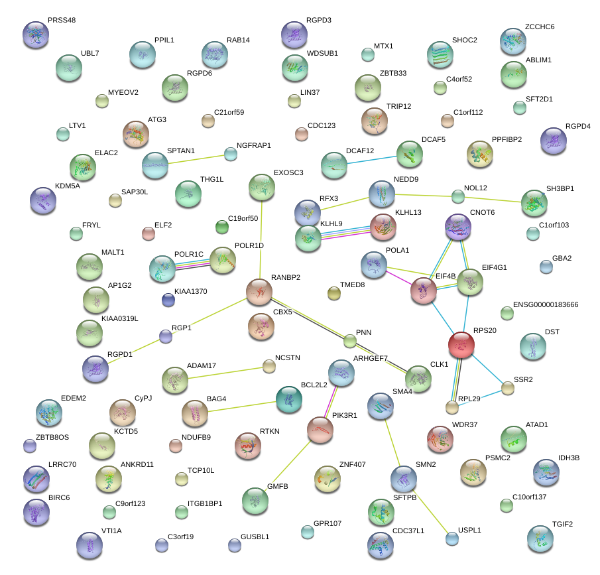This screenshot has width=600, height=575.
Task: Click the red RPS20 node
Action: tap(461, 345)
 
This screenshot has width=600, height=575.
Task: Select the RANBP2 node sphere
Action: tap(259, 291)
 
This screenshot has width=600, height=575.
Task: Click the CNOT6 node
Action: tap(458, 227)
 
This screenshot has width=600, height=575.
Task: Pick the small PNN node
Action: tap(350, 342)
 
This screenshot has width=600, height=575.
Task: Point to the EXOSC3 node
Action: tap(262, 188)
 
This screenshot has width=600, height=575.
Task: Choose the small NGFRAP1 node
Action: tap(230, 155)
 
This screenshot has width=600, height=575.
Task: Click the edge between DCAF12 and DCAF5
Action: tap(372, 159)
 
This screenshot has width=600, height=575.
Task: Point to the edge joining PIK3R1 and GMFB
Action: tap(290, 464)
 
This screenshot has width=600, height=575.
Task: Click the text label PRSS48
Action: tap(62, 21)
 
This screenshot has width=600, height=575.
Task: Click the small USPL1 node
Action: tap(451, 538)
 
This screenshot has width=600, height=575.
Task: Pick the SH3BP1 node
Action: tap(534, 203)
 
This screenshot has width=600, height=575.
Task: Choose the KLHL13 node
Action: tap(383, 227)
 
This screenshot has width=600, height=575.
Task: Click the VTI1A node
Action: tap(90, 544)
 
